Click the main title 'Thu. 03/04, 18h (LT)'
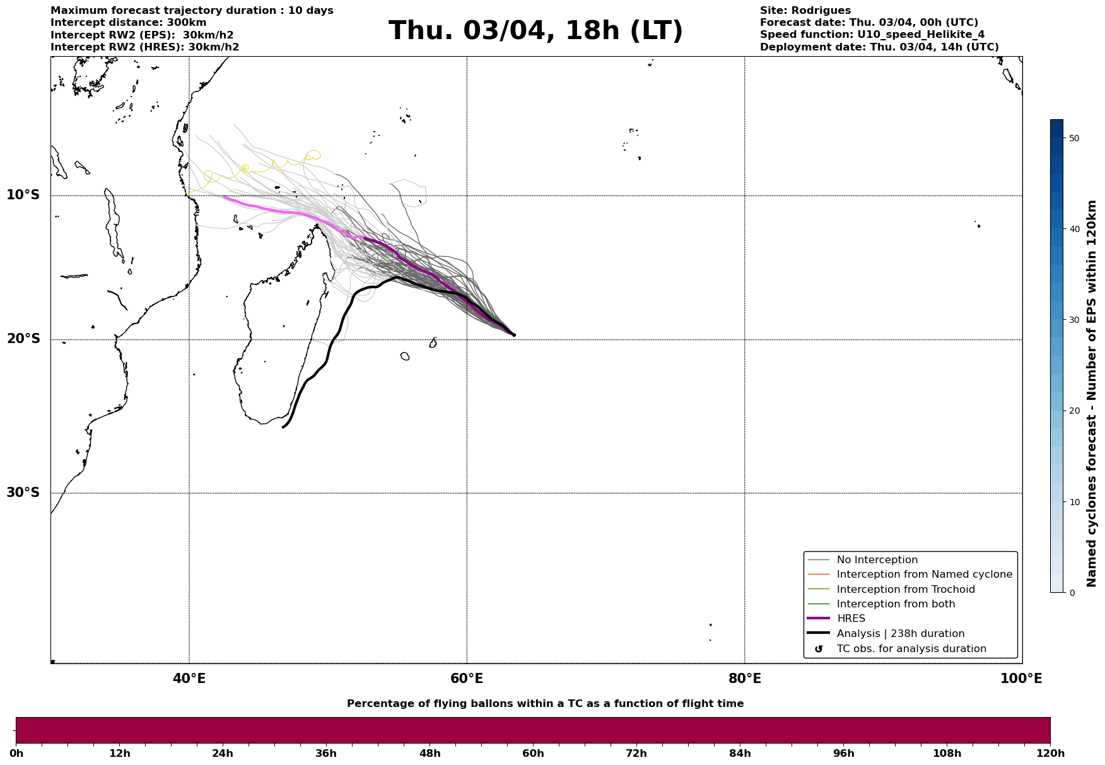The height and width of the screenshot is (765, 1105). pos(535,31)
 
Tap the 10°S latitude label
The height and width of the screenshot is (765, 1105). pos(23,195)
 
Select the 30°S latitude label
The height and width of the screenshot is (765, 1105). pos(23,493)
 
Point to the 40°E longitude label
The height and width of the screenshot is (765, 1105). pos(189,679)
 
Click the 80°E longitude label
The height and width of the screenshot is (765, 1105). pos(744,679)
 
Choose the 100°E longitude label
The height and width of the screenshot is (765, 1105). pos(1021,679)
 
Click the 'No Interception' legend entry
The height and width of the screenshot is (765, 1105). pos(877,560)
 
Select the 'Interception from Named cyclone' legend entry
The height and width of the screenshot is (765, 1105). pos(924,575)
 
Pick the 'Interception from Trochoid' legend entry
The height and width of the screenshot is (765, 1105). pos(905,590)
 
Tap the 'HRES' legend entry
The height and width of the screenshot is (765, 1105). pos(851,619)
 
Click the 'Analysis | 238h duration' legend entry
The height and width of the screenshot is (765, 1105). pos(900,634)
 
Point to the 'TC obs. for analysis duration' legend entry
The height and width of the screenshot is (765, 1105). pos(911,649)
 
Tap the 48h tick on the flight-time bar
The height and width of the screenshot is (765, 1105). pos(430,754)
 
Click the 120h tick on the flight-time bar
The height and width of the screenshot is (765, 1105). pos(1050,754)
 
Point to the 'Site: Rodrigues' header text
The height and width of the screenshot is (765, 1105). pos(805,11)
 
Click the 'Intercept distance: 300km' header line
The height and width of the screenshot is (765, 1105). pos(128,23)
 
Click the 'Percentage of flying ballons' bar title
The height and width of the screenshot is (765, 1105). pos(545,704)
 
